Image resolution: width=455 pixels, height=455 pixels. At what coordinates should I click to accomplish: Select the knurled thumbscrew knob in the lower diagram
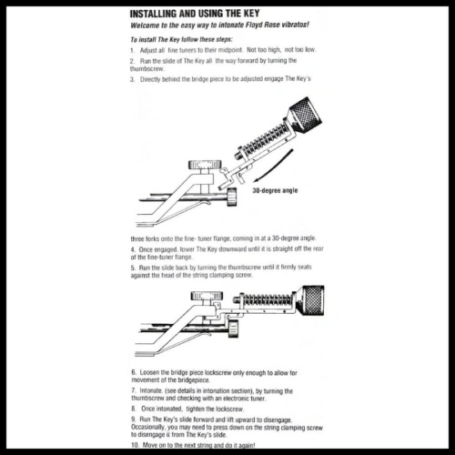(x=310, y=298)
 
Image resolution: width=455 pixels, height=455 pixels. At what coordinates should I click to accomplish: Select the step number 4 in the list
(x=132, y=248)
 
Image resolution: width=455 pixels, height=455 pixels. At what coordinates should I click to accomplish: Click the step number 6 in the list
(x=132, y=373)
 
